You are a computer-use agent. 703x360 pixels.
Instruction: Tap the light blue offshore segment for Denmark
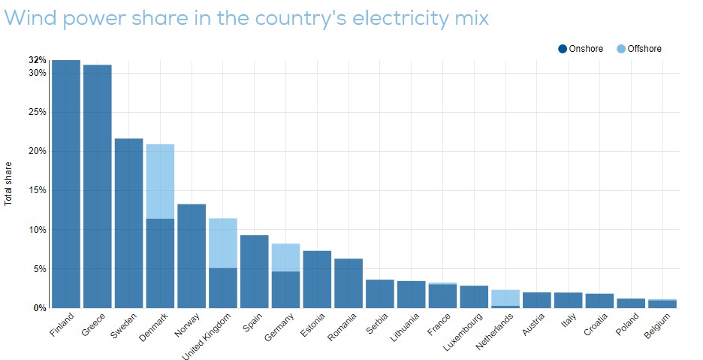point(160,181)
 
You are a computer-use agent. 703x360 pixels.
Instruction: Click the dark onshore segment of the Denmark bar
point(160,263)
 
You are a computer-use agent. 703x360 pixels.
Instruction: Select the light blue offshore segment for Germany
point(285,257)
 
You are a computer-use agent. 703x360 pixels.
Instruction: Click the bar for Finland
point(66,184)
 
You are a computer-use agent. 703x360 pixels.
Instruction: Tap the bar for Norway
point(192,256)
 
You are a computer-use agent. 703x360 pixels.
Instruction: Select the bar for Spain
point(254,271)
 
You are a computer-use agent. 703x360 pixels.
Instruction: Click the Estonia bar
point(317,279)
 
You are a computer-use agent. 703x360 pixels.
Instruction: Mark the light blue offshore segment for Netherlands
point(505,298)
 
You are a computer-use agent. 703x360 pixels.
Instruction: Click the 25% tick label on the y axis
point(36,112)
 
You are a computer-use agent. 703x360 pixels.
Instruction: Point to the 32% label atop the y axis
point(38,60)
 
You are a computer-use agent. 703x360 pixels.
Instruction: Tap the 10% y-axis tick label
point(36,229)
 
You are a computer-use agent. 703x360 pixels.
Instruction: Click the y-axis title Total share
point(9,184)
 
